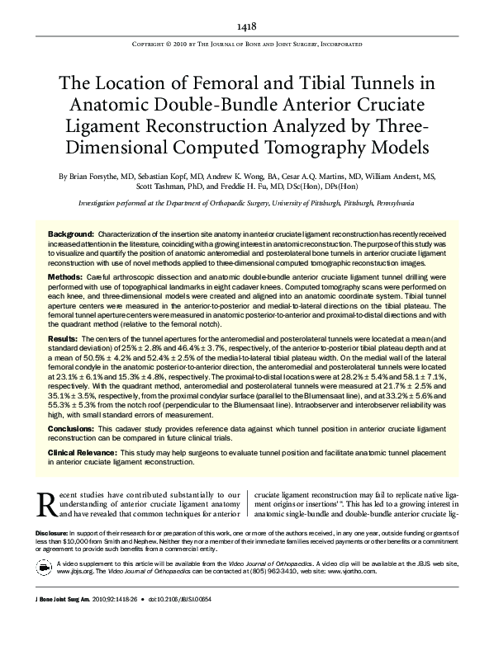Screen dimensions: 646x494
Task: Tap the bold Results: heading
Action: click(63, 339)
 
